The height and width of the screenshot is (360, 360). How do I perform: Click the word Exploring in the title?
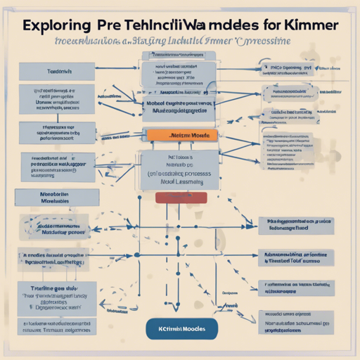[x=56, y=25]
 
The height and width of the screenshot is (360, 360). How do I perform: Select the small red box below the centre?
[x=181, y=198]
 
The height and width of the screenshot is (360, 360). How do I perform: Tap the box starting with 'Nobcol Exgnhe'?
[x=179, y=105]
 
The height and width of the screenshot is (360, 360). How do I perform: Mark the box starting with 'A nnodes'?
[x=53, y=257]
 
